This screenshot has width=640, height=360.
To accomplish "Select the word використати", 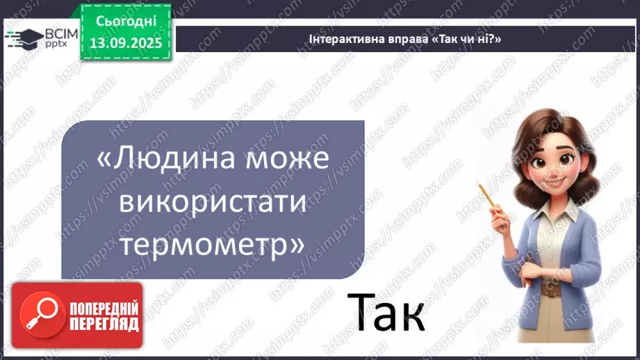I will (213, 202).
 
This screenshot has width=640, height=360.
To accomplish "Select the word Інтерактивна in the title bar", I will (344, 40).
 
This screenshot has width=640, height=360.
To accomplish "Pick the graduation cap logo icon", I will (23, 38).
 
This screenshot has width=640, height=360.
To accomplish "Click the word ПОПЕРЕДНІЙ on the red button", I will (104, 308).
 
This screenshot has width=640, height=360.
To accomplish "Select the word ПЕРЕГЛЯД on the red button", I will (104, 324).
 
